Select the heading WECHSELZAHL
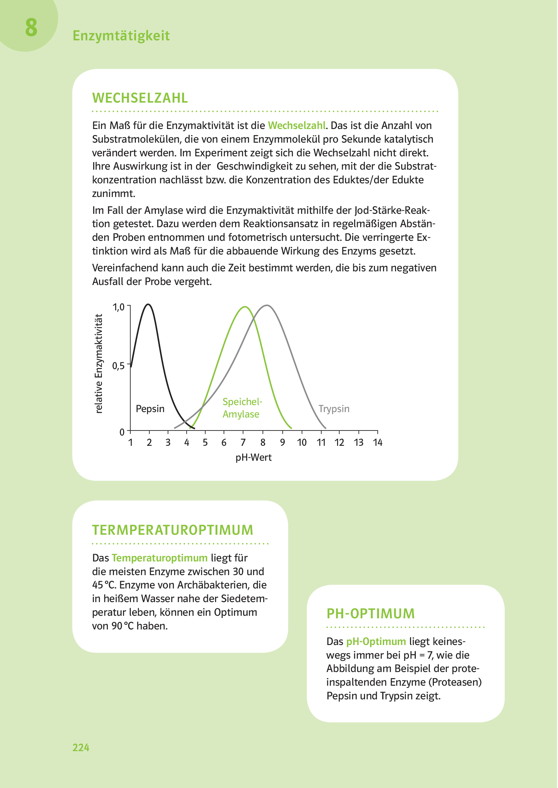(x=140, y=98)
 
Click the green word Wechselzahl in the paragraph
(x=296, y=125)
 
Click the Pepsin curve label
(x=150, y=409)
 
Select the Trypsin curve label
(x=334, y=409)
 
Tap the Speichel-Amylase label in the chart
(x=242, y=408)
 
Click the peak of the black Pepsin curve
(x=148, y=304)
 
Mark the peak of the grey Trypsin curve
(x=267, y=305)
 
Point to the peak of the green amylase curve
(x=244, y=307)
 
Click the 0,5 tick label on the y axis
(x=118, y=366)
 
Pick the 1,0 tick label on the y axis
(x=118, y=307)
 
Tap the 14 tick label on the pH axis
(x=378, y=443)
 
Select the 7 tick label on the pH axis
(x=243, y=443)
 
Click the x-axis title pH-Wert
(x=254, y=458)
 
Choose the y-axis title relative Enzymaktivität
(x=99, y=363)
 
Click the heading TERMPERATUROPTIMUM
(x=172, y=530)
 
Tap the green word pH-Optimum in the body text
(x=376, y=642)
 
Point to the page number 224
(x=81, y=747)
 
